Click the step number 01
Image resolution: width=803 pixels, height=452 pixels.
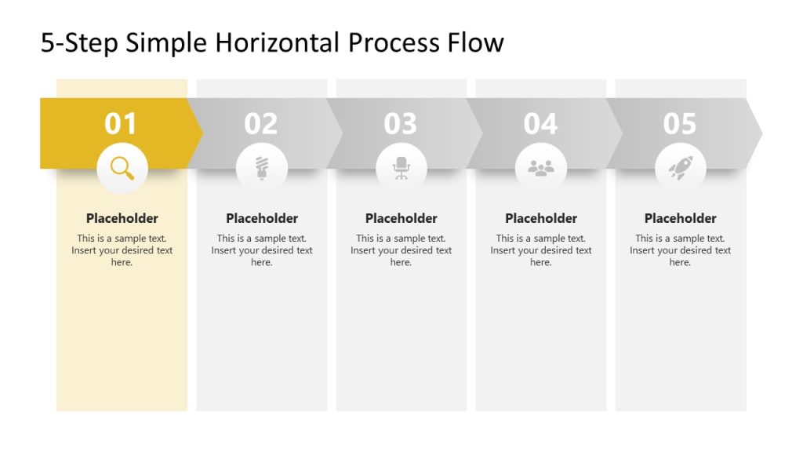(121, 124)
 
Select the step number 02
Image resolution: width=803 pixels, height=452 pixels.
(260, 124)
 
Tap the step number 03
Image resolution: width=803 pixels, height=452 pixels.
(401, 124)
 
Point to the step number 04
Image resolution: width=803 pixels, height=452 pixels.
(540, 124)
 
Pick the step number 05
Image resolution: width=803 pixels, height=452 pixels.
(680, 124)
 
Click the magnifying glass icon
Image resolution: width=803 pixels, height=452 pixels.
(122, 168)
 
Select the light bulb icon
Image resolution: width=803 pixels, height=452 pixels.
(261, 168)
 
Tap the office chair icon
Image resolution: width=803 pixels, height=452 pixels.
(401, 168)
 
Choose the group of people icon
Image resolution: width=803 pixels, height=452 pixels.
(541, 168)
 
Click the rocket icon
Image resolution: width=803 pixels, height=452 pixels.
(680, 168)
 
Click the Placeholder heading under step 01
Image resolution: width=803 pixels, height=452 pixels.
(122, 218)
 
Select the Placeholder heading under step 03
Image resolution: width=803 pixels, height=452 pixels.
(401, 218)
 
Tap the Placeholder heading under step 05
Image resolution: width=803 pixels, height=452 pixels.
(680, 218)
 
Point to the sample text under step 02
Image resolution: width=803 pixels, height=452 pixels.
(261, 250)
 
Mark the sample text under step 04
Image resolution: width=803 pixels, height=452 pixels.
(541, 250)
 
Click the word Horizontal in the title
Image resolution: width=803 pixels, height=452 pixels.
(277, 42)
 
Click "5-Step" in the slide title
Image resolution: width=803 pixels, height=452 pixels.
(79, 42)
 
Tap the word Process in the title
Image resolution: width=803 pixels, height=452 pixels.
(392, 42)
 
